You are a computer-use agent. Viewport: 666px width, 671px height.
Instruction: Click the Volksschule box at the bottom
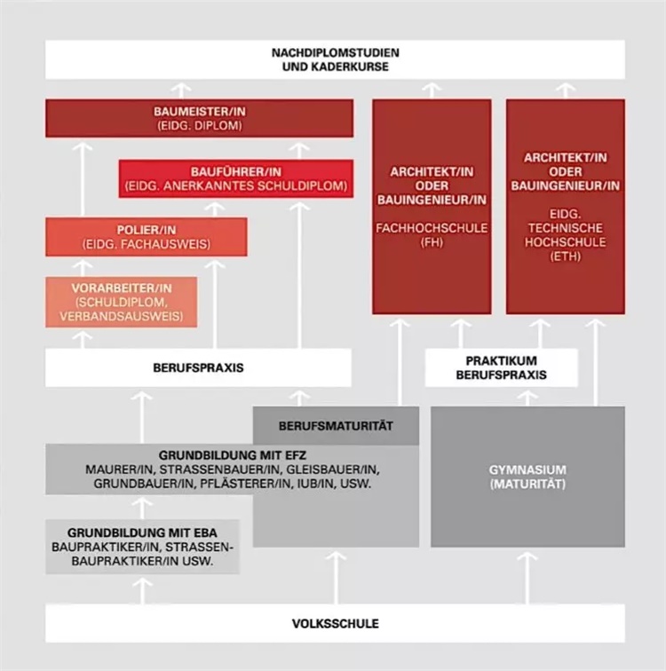click(x=335, y=623)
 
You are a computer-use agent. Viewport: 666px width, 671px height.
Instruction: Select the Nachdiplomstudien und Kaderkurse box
click(x=335, y=59)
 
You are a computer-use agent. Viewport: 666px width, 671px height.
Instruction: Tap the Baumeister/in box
click(x=200, y=119)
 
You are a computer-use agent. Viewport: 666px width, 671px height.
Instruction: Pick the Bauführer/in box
click(x=236, y=179)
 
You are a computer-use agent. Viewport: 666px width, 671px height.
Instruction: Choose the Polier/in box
click(x=147, y=237)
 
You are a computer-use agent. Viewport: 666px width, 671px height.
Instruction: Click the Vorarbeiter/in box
click(x=122, y=302)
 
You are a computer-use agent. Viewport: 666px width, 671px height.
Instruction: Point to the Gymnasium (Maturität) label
click(x=527, y=477)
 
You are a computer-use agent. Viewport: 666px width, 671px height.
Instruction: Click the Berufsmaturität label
click(x=336, y=426)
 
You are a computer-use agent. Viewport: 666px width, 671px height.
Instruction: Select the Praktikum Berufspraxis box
click(x=501, y=367)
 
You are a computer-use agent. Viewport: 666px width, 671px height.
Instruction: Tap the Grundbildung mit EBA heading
click(x=142, y=533)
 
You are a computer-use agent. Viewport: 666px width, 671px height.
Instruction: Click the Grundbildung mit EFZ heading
click(x=233, y=455)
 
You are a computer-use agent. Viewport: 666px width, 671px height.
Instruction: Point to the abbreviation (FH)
click(x=432, y=242)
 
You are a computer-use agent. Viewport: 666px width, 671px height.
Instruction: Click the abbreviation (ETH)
click(x=566, y=257)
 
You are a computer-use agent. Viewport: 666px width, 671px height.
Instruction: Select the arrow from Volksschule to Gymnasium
click(x=527, y=578)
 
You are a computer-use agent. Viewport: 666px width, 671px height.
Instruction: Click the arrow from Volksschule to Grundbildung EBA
click(x=142, y=591)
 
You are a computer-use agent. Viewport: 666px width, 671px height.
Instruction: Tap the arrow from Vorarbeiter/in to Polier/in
click(x=83, y=268)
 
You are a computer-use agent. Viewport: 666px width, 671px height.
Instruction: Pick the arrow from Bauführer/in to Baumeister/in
click(x=299, y=151)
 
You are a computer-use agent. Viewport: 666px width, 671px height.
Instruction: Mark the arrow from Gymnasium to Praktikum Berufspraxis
click(x=527, y=399)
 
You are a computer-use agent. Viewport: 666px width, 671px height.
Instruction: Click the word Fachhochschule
click(x=432, y=228)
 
